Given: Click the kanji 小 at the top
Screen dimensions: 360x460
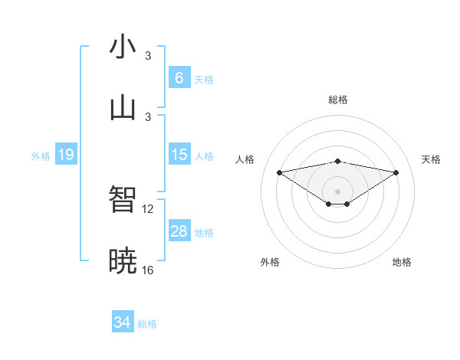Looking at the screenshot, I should pos(123,47).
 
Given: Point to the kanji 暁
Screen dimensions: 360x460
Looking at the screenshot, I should pos(123,261).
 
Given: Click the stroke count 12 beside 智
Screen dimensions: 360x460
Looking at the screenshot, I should pos(149,208).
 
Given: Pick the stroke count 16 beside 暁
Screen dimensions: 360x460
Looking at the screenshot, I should pos(149,270).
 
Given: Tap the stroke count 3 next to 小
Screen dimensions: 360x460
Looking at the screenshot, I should pos(149,56).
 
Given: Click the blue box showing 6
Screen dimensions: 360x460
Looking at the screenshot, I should pos(179,78).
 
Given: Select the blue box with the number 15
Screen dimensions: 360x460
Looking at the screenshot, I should pos(179,155).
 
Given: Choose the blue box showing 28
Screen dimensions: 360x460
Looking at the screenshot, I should pos(179,231).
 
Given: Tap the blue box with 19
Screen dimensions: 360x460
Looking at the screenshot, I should pos(65,155).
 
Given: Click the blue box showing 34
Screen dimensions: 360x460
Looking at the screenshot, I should pos(122,322).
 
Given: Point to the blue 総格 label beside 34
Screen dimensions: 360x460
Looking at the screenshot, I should pos(147,324).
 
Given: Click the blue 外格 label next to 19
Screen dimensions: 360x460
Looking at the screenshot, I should pos(41,156).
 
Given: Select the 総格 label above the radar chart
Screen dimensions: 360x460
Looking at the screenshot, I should pos(337,100).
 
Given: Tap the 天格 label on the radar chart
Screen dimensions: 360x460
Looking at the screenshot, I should pos(431,159).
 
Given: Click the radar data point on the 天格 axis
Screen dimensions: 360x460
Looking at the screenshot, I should pos(396,172).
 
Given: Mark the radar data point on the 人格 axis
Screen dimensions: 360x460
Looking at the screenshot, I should pos(279,172).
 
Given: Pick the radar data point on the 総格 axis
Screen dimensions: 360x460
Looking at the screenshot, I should pos(337,161).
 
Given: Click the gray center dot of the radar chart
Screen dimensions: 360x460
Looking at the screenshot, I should pos(337,191).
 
